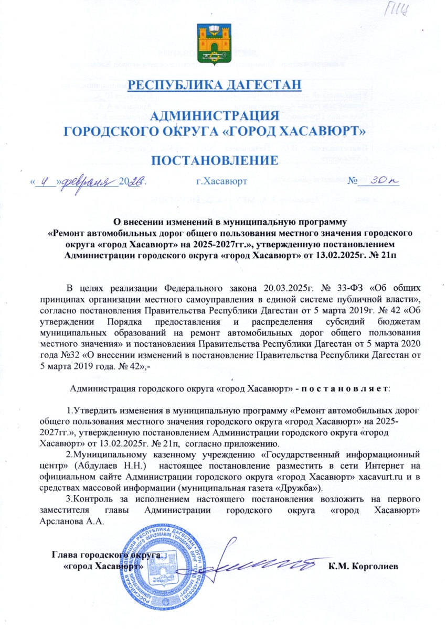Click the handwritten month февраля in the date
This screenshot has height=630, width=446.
point(88,181)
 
